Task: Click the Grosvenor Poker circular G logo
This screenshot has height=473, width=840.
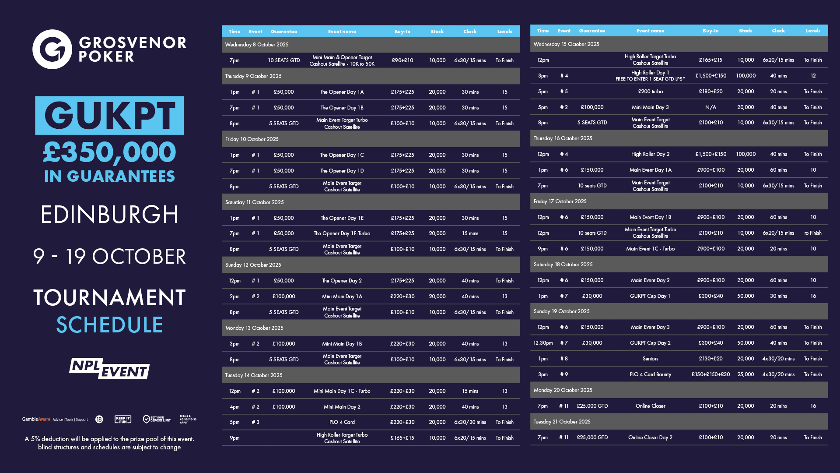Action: [52, 49]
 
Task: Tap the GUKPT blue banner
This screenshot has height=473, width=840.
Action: [109, 115]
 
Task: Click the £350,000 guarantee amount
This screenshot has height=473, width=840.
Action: [109, 152]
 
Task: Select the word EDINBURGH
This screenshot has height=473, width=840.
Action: [109, 215]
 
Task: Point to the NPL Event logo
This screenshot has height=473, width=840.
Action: [109, 369]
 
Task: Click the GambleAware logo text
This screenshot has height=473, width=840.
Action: [36, 419]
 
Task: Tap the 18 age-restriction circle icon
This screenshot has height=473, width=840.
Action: [99, 419]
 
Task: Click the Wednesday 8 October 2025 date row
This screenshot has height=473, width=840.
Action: [257, 45]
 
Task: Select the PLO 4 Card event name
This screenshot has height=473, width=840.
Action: [342, 422]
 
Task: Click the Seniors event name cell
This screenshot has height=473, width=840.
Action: [650, 359]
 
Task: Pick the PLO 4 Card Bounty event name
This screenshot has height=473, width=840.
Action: [650, 374]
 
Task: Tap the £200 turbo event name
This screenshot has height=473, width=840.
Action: [650, 92]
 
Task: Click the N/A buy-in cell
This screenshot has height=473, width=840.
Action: [710, 107]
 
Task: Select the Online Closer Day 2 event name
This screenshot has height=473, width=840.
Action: [650, 438]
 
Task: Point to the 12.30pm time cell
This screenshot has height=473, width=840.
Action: [543, 343]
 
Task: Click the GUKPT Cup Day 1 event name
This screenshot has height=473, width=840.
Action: [650, 296]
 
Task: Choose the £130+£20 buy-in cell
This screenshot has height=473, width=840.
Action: [710, 359]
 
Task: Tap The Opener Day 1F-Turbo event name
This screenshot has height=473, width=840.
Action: [342, 233]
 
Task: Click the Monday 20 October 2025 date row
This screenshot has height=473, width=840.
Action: [563, 390]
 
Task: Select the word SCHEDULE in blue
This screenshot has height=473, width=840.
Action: [109, 325]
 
